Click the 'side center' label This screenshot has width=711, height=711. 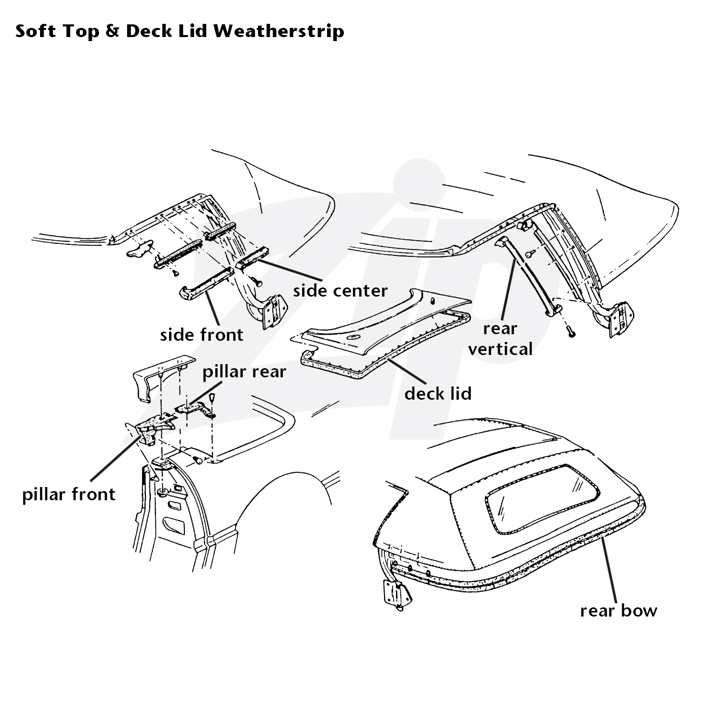point(340,291)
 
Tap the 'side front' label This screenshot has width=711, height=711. point(202,335)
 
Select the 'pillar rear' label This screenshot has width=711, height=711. point(244,372)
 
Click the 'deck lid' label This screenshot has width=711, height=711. point(438,393)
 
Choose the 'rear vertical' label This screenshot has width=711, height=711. point(500,339)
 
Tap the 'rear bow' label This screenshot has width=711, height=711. point(619,610)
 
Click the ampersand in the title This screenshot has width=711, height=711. point(113,31)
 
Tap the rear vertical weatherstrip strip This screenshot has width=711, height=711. point(528,275)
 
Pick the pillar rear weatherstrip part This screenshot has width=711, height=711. point(195,409)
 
